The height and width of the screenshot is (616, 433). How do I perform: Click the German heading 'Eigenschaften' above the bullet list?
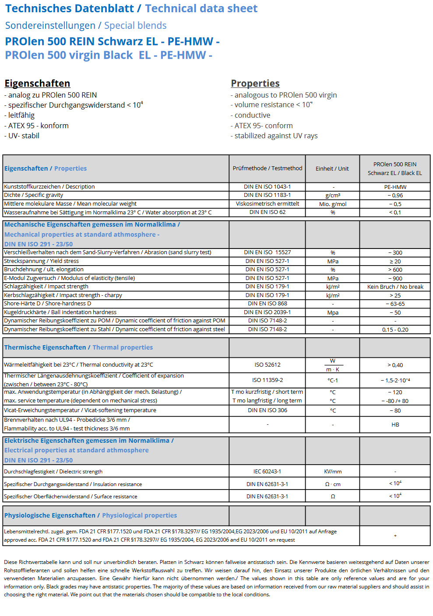pyautogui.click(x=37, y=84)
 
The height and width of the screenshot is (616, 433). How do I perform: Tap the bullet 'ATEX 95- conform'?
pyautogui.click(x=264, y=126)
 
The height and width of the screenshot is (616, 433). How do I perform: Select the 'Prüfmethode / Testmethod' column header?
pyautogui.click(x=267, y=168)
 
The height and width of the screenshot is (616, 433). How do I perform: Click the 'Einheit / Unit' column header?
pyautogui.click(x=332, y=168)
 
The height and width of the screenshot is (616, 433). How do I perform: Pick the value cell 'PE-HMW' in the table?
pyautogui.click(x=395, y=187)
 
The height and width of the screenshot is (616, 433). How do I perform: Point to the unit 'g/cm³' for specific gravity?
pyautogui.click(x=333, y=196)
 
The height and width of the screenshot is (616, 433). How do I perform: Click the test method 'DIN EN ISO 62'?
pyautogui.click(x=267, y=212)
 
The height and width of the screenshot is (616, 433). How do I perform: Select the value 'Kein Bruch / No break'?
pyautogui.click(x=395, y=287)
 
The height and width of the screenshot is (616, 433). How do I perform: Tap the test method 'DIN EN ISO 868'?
pyautogui.click(x=267, y=304)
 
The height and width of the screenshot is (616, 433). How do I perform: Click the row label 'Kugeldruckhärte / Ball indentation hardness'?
pyautogui.click(x=60, y=312)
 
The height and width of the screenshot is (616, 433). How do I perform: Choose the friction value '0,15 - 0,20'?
pyautogui.click(x=395, y=330)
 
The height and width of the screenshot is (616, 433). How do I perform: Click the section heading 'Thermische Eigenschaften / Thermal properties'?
pyautogui.click(x=78, y=347)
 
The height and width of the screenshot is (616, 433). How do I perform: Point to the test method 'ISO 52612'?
pyautogui.click(x=267, y=365)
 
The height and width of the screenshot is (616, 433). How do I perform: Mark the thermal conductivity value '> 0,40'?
pyautogui.click(x=395, y=365)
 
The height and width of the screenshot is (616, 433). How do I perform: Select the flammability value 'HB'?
pyautogui.click(x=395, y=425)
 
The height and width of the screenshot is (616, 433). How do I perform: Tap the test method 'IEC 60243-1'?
pyautogui.click(x=267, y=472)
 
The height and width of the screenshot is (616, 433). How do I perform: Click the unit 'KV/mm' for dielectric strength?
pyautogui.click(x=333, y=472)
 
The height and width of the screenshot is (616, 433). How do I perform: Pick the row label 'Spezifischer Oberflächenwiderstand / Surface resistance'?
pyautogui.click(x=70, y=497)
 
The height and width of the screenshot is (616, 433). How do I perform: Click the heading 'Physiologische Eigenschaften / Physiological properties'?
pyautogui.click(x=91, y=515)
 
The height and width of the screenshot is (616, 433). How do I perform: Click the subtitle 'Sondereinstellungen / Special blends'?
pyautogui.click(x=86, y=26)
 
